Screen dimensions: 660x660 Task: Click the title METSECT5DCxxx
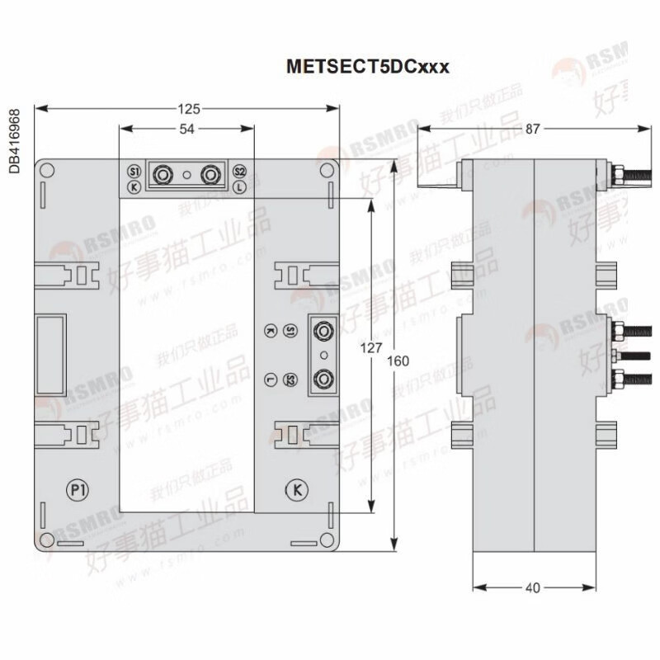click(x=367, y=67)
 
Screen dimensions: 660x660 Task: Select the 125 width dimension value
click(x=189, y=108)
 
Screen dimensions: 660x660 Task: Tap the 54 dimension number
click(x=188, y=129)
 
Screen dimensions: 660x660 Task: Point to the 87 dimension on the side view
click(x=533, y=129)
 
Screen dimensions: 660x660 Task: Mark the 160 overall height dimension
click(x=397, y=361)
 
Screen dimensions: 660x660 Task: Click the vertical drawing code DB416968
click(x=14, y=140)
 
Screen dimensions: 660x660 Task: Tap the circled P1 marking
click(x=78, y=489)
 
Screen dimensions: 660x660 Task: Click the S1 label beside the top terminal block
click(x=134, y=171)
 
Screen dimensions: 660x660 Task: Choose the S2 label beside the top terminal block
click(x=239, y=171)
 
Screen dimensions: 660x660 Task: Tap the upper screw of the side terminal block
click(x=324, y=332)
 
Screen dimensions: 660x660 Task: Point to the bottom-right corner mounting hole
click(x=328, y=540)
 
